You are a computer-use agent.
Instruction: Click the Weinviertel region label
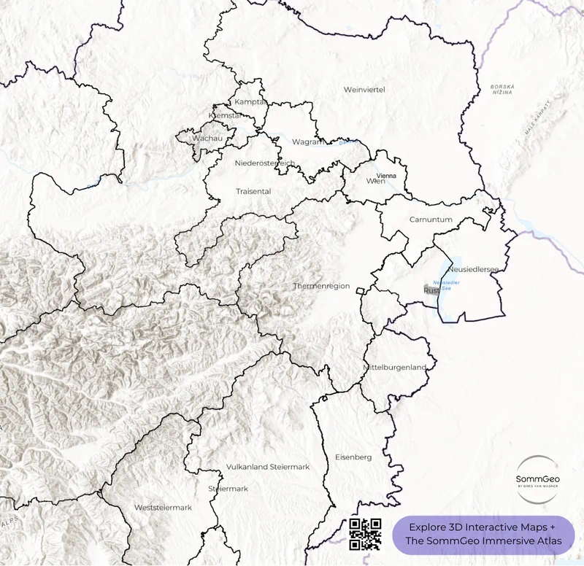(x=364, y=89)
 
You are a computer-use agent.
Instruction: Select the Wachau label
(x=207, y=138)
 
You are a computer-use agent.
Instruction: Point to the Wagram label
(x=308, y=141)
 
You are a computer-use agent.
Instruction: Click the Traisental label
(x=253, y=191)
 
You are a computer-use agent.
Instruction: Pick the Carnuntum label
(x=431, y=219)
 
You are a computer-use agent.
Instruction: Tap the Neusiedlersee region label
(x=473, y=269)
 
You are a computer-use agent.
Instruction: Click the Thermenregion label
(x=321, y=286)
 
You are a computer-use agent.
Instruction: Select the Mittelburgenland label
(x=394, y=368)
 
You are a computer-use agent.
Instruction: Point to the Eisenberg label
(x=353, y=457)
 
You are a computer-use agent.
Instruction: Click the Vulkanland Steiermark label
(x=269, y=466)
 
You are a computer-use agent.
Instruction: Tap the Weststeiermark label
(x=163, y=507)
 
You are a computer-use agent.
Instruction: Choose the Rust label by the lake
(x=429, y=290)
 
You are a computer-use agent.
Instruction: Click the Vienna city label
(x=386, y=176)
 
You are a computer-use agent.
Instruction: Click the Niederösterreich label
(x=265, y=163)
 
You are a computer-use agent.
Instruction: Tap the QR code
(x=365, y=533)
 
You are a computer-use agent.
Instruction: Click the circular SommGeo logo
(x=537, y=478)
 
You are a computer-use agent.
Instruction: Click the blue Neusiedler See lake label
(x=446, y=284)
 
